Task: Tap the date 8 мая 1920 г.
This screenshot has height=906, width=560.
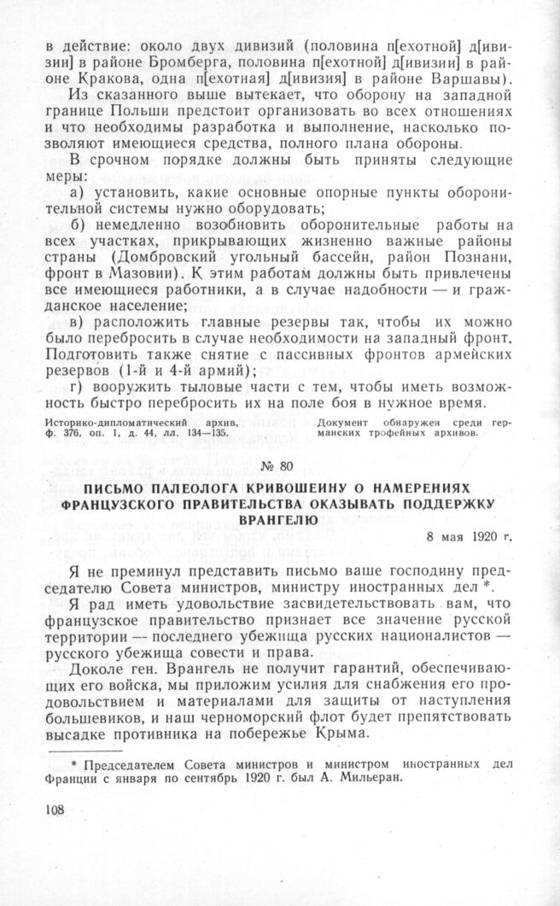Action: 470,538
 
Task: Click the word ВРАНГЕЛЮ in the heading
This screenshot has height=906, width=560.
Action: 279,518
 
